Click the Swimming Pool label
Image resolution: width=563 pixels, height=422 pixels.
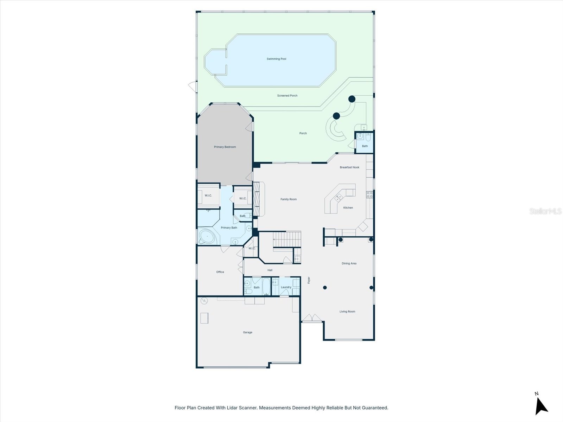[276, 59]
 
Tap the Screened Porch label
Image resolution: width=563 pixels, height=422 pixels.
[287, 96]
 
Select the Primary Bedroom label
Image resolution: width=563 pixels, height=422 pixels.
[225, 147]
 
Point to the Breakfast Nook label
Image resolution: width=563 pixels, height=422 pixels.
[349, 167]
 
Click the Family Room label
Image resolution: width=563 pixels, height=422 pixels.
[289, 199]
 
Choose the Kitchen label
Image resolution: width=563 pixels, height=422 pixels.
[348, 208]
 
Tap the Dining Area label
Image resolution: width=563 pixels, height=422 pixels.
[349, 263]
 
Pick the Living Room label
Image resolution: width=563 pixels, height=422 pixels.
[347, 312]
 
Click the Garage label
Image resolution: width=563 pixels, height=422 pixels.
[247, 332]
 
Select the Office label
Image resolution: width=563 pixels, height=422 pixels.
[220, 272]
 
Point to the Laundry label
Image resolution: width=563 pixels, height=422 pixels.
[286, 287]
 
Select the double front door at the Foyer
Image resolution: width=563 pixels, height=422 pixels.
[312, 318]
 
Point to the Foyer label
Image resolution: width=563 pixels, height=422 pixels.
[309, 280]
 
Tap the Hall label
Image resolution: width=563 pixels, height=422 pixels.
[270, 270]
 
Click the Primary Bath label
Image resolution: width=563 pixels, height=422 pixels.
[229, 228]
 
